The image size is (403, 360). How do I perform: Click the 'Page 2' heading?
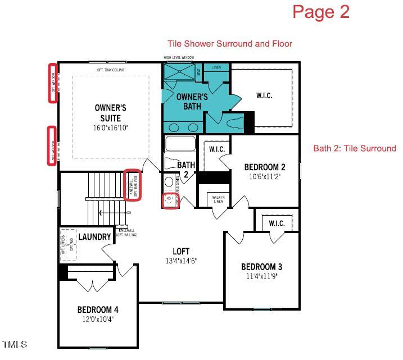tap(321, 12)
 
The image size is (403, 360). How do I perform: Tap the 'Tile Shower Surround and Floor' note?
tap(230, 44)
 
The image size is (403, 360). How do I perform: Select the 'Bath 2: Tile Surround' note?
tap(355, 148)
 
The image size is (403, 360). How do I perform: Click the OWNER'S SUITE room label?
tap(110, 112)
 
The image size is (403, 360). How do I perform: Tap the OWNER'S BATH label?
tap(192, 101)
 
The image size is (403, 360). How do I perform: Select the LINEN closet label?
tap(216, 68)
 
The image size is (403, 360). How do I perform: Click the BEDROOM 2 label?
tap(265, 167)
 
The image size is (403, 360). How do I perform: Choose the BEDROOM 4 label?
tap(98, 310)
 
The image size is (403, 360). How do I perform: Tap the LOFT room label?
tap(181, 251)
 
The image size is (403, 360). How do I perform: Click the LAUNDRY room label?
tap(94, 237)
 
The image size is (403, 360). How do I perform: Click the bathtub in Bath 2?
tap(181, 144)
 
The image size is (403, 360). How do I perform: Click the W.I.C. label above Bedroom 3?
tap(277, 224)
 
